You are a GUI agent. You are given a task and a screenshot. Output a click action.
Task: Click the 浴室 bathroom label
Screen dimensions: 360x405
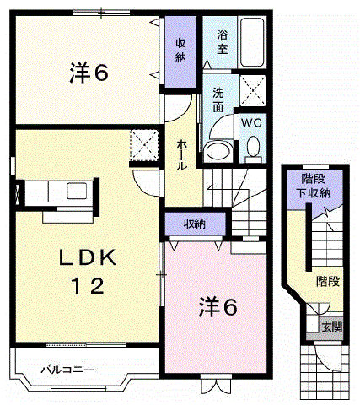223,42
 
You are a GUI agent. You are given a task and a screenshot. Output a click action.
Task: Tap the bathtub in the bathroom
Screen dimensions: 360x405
252,42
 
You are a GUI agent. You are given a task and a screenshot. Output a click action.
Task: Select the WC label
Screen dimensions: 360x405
251,123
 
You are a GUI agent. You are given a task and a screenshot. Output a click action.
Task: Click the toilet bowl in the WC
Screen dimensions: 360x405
253,147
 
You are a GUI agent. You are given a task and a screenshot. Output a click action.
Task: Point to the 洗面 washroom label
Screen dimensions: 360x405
218,100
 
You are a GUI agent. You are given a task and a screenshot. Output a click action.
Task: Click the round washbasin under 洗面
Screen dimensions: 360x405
218,150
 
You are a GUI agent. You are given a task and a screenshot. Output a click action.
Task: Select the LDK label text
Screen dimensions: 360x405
88,257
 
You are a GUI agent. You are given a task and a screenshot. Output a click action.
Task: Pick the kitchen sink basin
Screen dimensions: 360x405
77,191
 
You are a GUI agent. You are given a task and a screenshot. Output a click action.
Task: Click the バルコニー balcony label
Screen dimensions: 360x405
67,370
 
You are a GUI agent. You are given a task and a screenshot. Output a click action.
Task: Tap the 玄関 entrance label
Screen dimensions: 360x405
332,327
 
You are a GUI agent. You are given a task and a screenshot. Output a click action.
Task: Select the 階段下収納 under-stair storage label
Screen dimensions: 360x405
313,186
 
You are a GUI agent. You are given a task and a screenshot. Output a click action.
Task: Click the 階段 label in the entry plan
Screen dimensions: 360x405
328,281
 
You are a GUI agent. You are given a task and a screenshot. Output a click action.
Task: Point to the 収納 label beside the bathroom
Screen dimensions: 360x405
180,51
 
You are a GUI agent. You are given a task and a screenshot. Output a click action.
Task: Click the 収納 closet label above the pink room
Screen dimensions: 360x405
195,224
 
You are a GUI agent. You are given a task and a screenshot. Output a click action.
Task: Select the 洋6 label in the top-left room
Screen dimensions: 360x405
89,73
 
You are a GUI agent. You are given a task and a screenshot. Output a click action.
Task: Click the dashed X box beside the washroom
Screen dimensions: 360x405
253,90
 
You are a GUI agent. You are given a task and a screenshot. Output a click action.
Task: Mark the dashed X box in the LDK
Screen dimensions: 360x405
144,145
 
